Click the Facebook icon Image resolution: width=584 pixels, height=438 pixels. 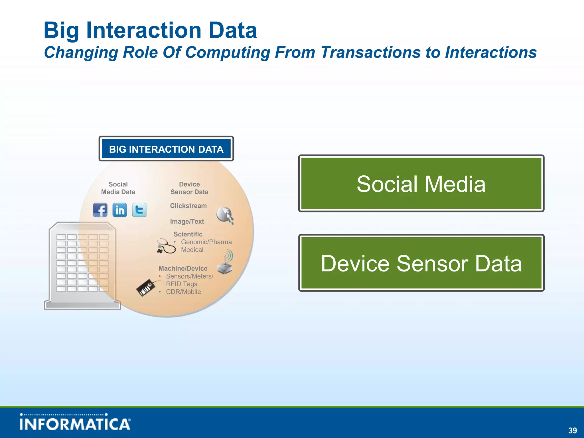coord(100,210)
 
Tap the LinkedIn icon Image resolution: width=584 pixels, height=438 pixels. coord(119,210)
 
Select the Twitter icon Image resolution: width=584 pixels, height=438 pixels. coord(139,210)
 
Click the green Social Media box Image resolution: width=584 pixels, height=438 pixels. coord(421,183)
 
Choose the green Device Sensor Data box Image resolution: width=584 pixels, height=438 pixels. coord(421,263)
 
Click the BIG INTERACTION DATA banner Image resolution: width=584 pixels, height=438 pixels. coord(166,149)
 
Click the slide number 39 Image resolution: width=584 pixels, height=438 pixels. coord(572,430)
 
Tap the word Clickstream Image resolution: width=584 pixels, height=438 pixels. coord(188,206)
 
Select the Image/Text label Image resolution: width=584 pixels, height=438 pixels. coord(187,221)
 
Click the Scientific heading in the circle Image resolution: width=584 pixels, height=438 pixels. coord(188,234)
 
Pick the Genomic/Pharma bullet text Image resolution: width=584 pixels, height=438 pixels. coord(206,242)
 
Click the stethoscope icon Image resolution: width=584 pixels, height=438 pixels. coord(166,246)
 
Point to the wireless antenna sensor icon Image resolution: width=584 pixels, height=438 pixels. coord(226,262)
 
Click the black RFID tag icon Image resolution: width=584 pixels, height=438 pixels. coord(146,287)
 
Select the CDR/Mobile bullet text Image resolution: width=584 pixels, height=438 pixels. coord(183,292)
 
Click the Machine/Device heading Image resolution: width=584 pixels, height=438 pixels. coord(183,268)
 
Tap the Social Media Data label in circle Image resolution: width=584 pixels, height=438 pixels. coord(118,188)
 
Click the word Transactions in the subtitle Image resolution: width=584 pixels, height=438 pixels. coord(370,52)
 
